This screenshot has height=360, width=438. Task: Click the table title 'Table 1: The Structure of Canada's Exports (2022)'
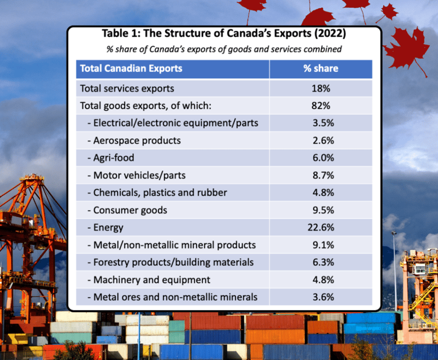click(224, 34)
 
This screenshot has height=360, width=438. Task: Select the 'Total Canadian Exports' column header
click(131, 69)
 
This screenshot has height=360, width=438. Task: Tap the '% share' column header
click(321, 69)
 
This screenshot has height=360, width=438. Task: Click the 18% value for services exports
click(321, 88)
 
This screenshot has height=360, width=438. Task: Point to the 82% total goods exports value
click(321, 105)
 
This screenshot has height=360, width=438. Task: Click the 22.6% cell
click(321, 227)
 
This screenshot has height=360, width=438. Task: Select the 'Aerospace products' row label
click(134, 140)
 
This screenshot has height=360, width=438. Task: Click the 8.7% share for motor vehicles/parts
click(322, 176)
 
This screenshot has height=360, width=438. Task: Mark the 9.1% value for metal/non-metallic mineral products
click(322, 245)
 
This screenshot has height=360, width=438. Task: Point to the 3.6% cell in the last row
click(322, 297)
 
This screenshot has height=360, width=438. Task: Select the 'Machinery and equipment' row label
click(149, 280)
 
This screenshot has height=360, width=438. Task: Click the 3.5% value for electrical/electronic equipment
click(322, 123)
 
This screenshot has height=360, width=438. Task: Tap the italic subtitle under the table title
click(224, 49)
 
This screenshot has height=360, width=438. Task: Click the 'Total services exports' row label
click(127, 88)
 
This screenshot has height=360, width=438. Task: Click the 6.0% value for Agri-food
click(322, 158)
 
